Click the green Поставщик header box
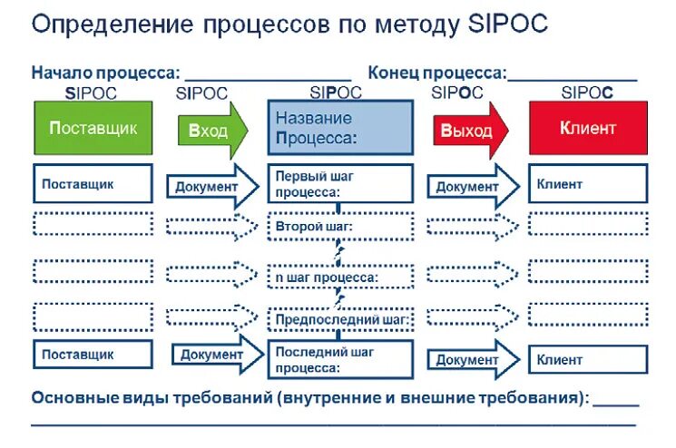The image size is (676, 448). coord(93,128)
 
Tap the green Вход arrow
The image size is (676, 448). coord(211,129)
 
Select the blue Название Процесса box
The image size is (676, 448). coord(340,128)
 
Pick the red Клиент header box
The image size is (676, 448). coord(588,128)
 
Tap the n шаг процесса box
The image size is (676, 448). coord(340,276)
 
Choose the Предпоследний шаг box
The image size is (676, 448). coord(340,319)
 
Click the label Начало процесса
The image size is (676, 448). coord(105,73)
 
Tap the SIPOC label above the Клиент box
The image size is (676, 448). coord(587,92)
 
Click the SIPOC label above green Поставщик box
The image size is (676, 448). coord(93,92)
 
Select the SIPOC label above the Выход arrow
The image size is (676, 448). coord(457,92)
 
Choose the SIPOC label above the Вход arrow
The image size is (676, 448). coord(202,92)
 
